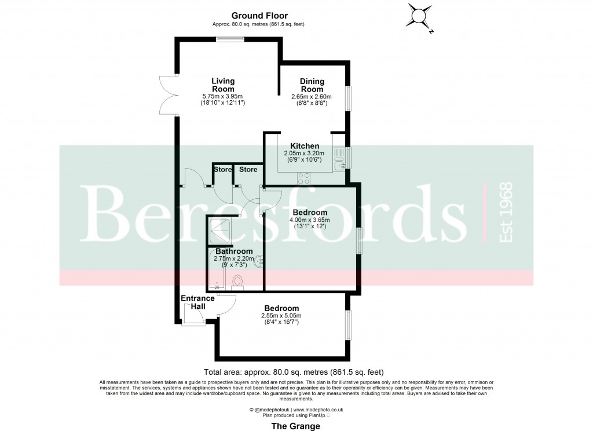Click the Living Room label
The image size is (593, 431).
(223, 85)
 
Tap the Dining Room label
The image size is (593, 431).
(312, 85)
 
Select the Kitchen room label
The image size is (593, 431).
(305, 146)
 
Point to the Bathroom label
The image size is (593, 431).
(234, 251)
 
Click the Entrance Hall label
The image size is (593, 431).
(198, 302)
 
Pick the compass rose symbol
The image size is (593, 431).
(419, 16)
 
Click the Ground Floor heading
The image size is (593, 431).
(259, 16)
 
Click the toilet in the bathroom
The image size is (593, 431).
(237, 282)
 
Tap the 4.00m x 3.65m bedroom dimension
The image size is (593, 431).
(309, 220)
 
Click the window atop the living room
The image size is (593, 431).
(226, 39)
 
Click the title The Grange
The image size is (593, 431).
(296, 426)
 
